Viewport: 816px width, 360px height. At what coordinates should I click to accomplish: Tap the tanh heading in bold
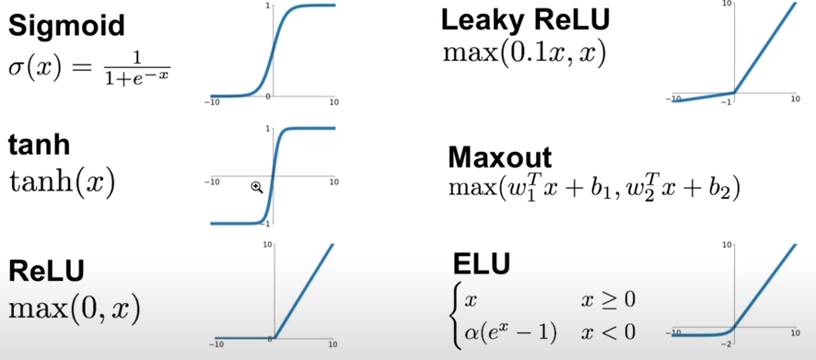pyautogui.click(x=39, y=146)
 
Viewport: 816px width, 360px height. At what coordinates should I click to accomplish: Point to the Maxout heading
pyautogui.click(x=499, y=157)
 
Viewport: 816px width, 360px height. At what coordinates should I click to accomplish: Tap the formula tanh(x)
pyautogui.click(x=61, y=182)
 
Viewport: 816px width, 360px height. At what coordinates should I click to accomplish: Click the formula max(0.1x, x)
pyautogui.click(x=524, y=52)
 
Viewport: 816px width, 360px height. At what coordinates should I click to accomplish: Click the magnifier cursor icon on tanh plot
pyautogui.click(x=257, y=187)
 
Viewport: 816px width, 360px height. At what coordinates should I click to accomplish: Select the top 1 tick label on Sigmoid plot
pyautogui.click(x=268, y=6)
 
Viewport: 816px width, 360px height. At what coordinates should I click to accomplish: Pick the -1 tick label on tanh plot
pyautogui.click(x=267, y=224)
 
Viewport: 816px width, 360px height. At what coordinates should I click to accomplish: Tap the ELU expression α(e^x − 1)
pyautogui.click(x=511, y=331)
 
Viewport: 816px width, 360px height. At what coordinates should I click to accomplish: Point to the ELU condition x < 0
pyautogui.click(x=608, y=331)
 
